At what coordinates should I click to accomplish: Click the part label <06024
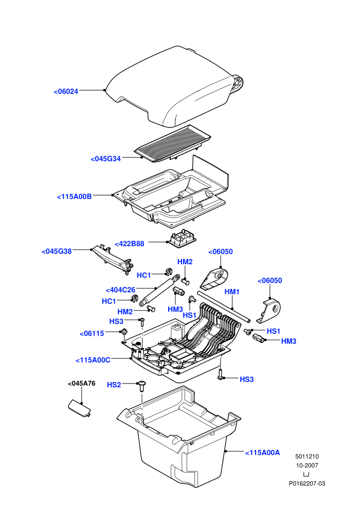(66, 92)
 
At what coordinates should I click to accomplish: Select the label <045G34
(105, 159)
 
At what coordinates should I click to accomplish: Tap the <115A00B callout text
(75, 196)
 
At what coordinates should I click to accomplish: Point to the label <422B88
(130, 244)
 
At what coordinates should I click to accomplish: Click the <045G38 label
(57, 251)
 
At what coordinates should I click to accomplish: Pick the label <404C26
(120, 290)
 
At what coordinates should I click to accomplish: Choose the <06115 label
(92, 333)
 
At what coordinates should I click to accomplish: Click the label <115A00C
(93, 360)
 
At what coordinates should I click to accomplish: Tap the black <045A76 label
(81, 384)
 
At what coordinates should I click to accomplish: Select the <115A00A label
(262, 452)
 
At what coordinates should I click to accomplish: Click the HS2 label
(114, 385)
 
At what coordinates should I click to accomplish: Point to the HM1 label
(232, 292)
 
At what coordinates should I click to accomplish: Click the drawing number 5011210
(307, 457)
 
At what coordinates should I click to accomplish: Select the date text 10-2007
(307, 465)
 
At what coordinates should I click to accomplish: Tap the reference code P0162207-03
(307, 484)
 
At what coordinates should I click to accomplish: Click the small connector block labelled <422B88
(182, 239)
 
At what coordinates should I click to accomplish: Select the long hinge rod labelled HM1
(223, 306)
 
